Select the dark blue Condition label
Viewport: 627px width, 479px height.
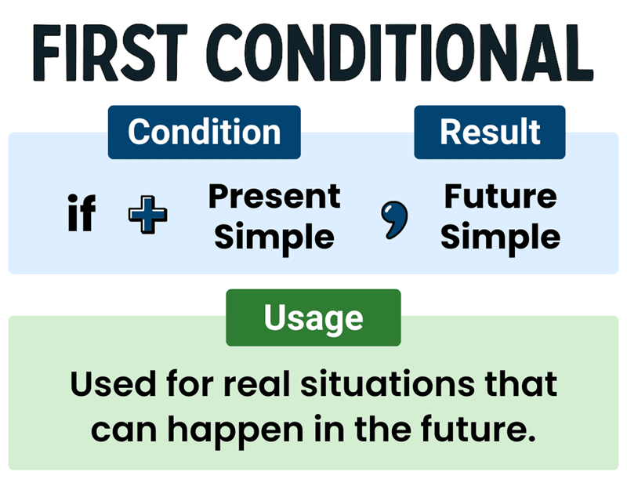204,132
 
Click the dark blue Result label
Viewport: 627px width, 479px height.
490,132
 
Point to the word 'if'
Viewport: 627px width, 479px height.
82,215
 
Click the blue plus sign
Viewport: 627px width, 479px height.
147,216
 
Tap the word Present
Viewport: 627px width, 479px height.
274,196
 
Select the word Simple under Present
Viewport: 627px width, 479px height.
274,237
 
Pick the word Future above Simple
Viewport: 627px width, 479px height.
500,196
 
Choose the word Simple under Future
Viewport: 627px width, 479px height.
500,237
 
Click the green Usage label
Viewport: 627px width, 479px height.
313,318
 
